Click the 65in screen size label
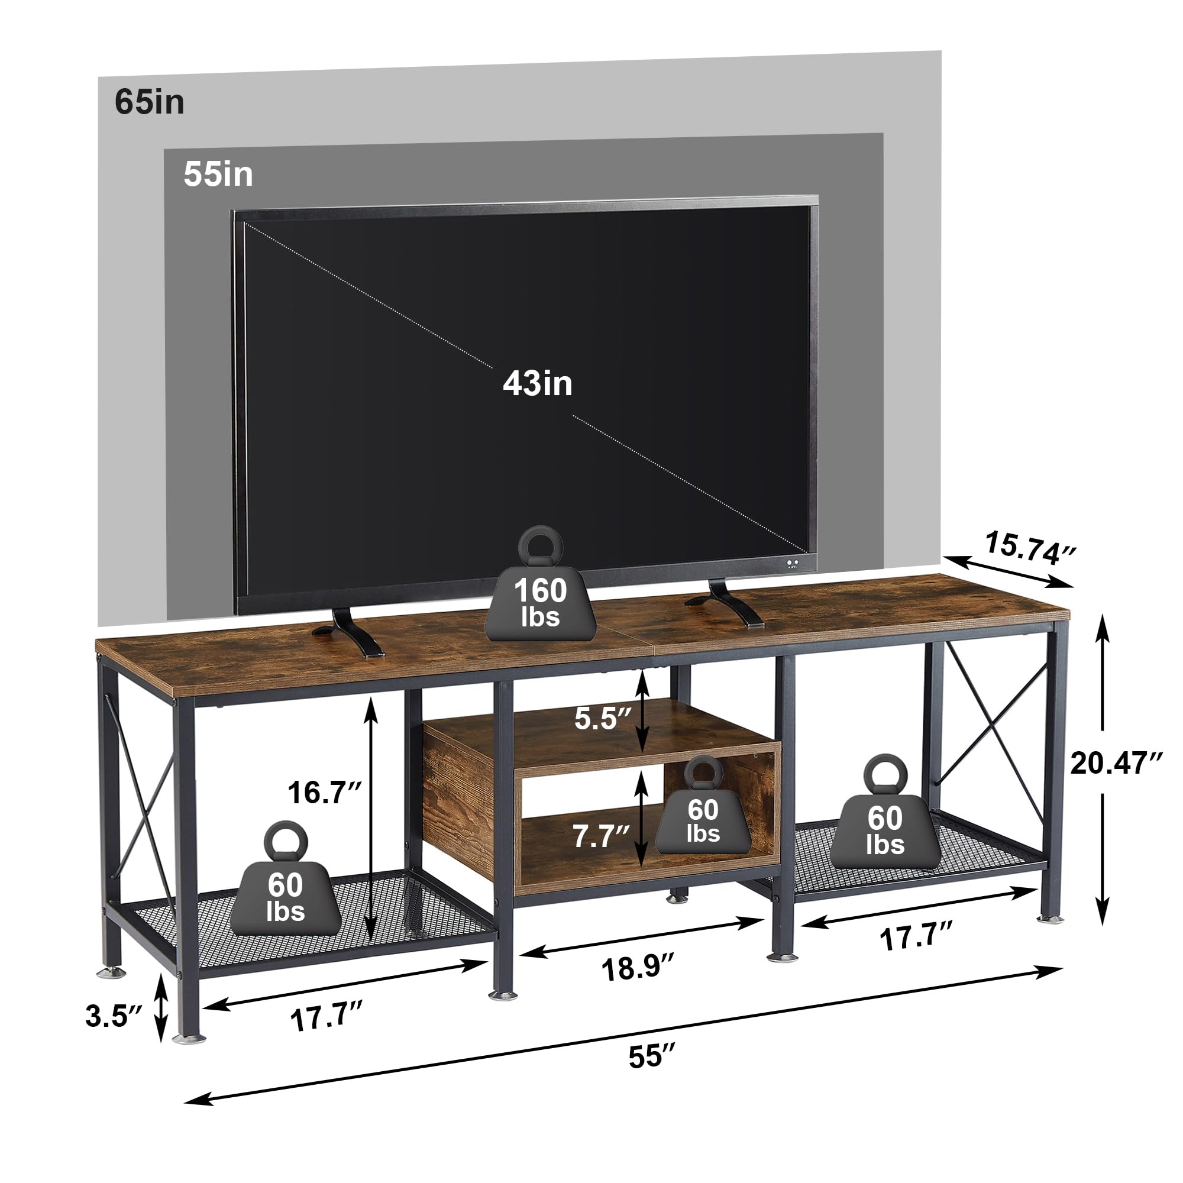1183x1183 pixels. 149,102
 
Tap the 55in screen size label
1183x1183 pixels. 218,174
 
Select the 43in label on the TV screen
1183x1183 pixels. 537,384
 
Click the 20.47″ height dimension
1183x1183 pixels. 1116,764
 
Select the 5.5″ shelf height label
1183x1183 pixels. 602,718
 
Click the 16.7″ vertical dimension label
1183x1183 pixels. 325,793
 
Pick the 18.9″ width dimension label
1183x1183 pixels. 638,968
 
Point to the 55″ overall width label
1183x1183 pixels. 651,1058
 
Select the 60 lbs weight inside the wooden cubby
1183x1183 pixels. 702,813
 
